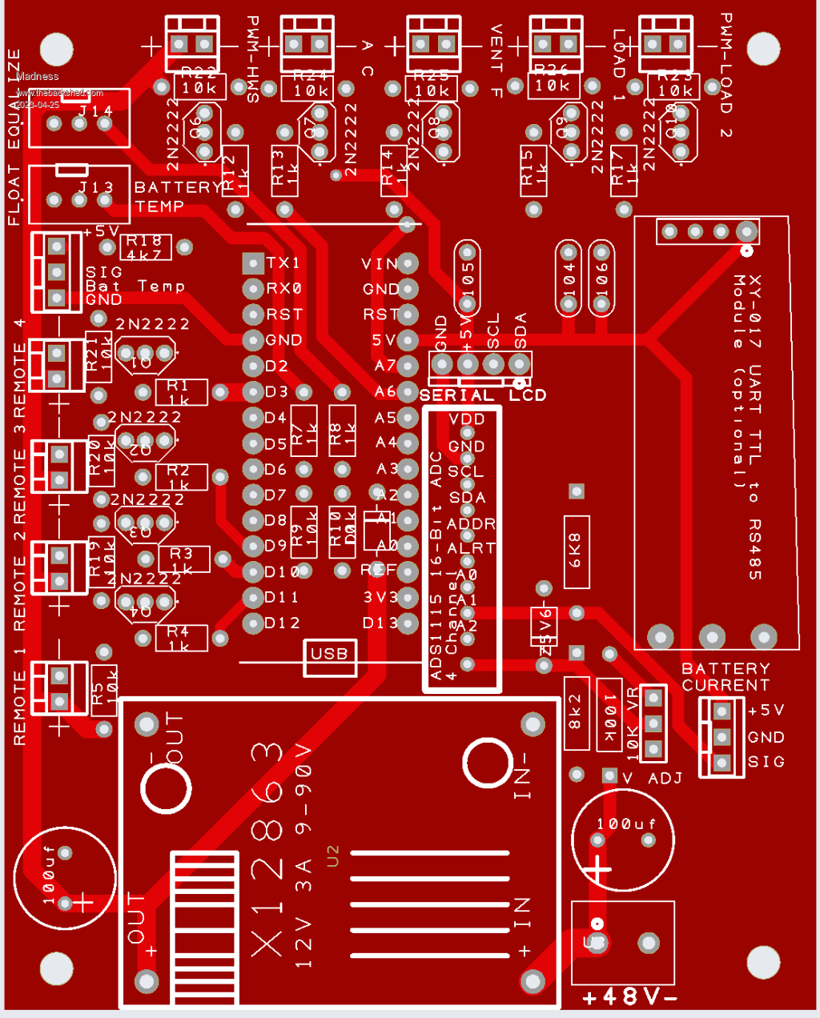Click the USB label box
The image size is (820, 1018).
[x=329, y=654]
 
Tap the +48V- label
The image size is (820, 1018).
[x=630, y=996]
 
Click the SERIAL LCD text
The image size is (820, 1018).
[x=482, y=395]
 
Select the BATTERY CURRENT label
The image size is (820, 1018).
[x=726, y=677]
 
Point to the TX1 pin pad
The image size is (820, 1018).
[x=253, y=263]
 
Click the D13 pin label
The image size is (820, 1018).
[x=379, y=623]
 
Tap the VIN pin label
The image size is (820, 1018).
[x=379, y=263]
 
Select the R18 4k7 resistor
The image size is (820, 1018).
[x=144, y=247]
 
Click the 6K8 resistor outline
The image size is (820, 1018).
[x=576, y=551]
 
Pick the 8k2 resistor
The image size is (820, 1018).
[x=576, y=712]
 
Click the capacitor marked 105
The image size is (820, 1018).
[x=468, y=278]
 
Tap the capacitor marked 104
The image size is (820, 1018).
[x=569, y=278]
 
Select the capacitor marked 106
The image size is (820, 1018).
[x=601, y=278]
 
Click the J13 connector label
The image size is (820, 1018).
[x=95, y=187]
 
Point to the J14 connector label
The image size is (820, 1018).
[x=95, y=111]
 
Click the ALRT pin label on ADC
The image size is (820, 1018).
[x=471, y=548]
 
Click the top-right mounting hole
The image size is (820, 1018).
[x=763, y=49]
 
